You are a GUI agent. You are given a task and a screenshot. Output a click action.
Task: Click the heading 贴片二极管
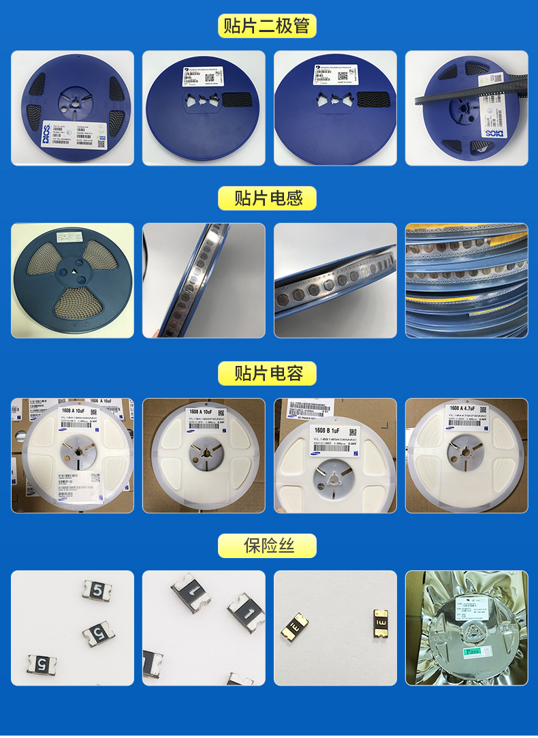coord(267,26)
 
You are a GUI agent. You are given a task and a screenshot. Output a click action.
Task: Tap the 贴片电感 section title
coord(267,198)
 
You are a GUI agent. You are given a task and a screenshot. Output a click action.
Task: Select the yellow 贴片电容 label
coord(267,373)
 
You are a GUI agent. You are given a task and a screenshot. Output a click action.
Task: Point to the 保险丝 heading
coord(267,546)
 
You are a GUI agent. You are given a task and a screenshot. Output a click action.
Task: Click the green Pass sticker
coord(473,652)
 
